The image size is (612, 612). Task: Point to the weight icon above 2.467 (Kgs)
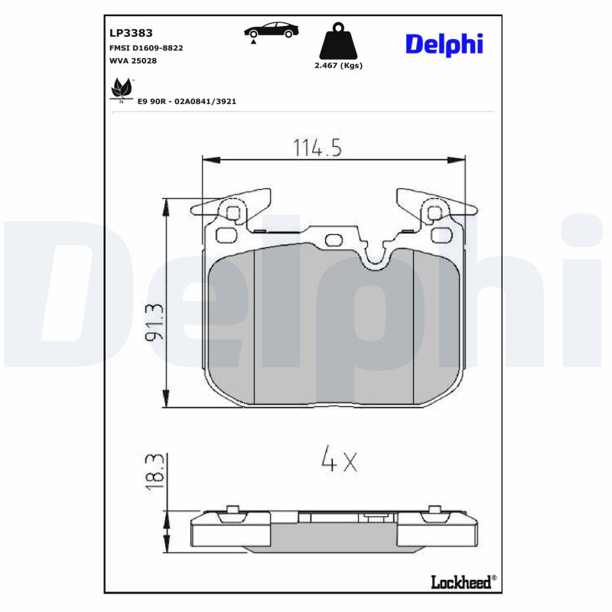pos(337,43)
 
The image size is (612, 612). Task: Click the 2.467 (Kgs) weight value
pos(338,66)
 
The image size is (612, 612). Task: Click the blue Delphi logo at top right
pos(444,44)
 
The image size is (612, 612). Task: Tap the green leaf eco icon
pos(121,90)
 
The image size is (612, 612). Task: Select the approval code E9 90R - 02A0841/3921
pos(187,101)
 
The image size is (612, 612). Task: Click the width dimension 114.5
pos(317,147)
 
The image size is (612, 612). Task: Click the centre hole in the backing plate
pos(334,239)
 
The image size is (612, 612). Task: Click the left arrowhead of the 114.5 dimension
pos(207,160)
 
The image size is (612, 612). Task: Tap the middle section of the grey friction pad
pos(333,329)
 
